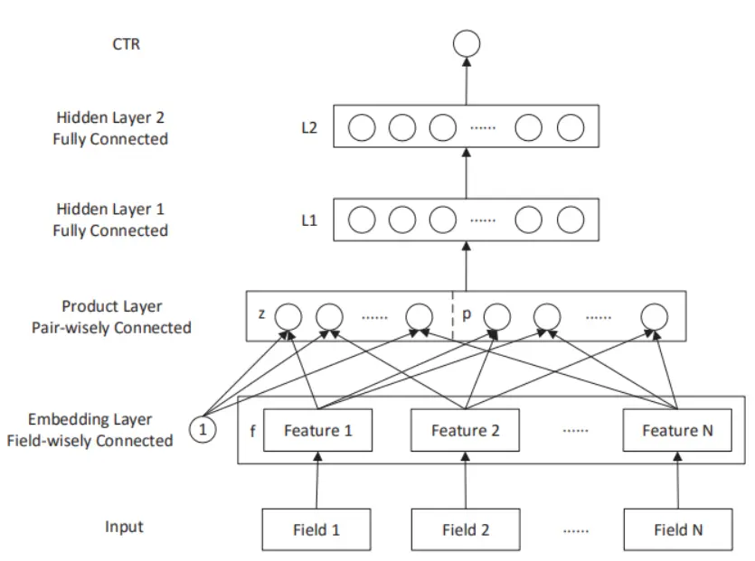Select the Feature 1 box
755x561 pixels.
[x=317, y=431]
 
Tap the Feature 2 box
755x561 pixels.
[x=465, y=431]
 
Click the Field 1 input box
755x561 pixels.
[x=317, y=529]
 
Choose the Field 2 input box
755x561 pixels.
[x=465, y=529]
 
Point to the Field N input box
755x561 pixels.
[x=677, y=529]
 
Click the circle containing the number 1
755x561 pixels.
[x=203, y=431]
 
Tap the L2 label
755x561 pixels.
[x=309, y=128]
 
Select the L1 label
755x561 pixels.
[x=309, y=220]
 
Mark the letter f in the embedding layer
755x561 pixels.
[x=251, y=431]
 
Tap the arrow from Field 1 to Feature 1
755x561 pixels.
[x=317, y=481]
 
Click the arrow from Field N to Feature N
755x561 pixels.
[x=677, y=481]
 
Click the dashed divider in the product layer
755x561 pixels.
[x=452, y=316]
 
